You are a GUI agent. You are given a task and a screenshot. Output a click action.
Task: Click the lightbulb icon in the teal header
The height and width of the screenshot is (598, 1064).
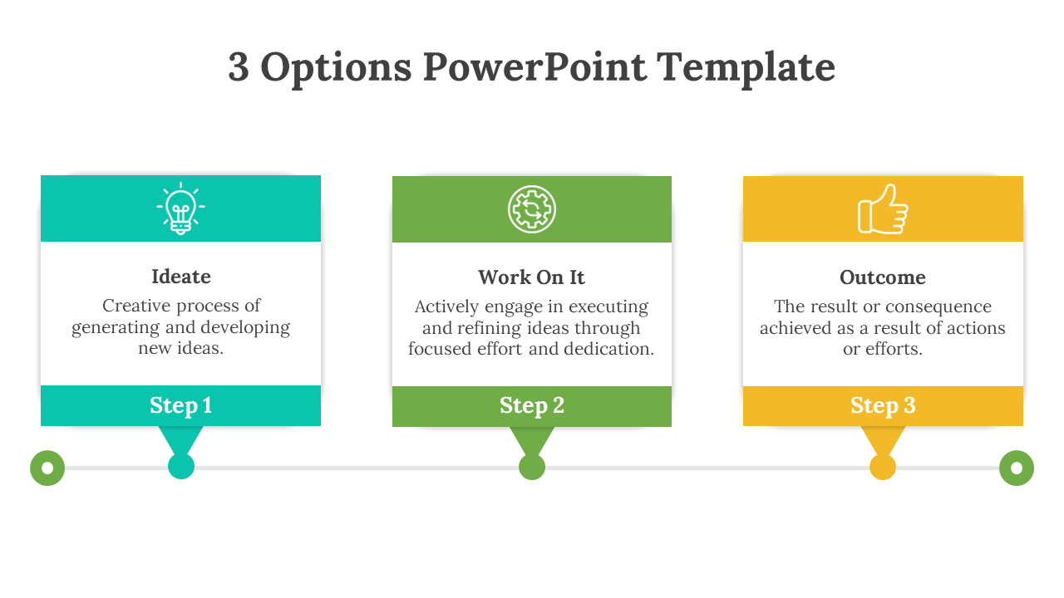click(180, 208)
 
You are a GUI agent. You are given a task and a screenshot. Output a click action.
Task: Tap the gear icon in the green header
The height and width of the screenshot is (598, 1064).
click(531, 209)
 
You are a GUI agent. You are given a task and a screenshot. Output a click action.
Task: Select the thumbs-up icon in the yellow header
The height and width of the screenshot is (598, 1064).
click(883, 209)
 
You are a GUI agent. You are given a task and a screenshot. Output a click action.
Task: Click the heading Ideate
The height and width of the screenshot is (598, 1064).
click(181, 277)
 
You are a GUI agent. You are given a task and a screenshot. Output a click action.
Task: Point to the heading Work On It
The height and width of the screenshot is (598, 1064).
click(531, 277)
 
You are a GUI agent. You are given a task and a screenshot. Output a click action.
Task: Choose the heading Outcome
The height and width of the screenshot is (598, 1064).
click(883, 277)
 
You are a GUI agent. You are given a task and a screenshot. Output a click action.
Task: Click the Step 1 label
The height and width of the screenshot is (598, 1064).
click(180, 406)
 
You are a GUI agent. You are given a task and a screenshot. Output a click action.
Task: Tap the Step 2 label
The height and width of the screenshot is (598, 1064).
click(531, 406)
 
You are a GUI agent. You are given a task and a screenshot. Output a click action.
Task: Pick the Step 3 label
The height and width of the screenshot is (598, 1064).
click(883, 406)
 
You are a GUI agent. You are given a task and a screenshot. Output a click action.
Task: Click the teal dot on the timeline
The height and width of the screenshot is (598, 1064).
click(181, 466)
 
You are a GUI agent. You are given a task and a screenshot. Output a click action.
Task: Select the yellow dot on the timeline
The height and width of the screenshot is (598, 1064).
click(883, 467)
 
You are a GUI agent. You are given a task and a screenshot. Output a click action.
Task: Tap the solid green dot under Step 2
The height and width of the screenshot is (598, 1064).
click(532, 467)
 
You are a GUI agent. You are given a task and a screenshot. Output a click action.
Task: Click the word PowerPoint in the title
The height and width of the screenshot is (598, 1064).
click(534, 67)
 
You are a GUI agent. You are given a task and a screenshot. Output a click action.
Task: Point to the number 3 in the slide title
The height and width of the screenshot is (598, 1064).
click(239, 67)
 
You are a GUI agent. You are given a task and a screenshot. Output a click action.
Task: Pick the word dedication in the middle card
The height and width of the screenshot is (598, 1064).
click(609, 349)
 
